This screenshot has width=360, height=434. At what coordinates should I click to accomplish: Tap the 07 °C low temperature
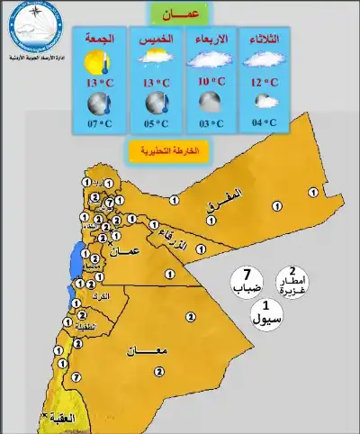coord(100,123)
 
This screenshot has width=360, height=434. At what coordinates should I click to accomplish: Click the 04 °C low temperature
coord(263,122)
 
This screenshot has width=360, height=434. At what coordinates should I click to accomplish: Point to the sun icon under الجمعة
coord(96,61)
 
